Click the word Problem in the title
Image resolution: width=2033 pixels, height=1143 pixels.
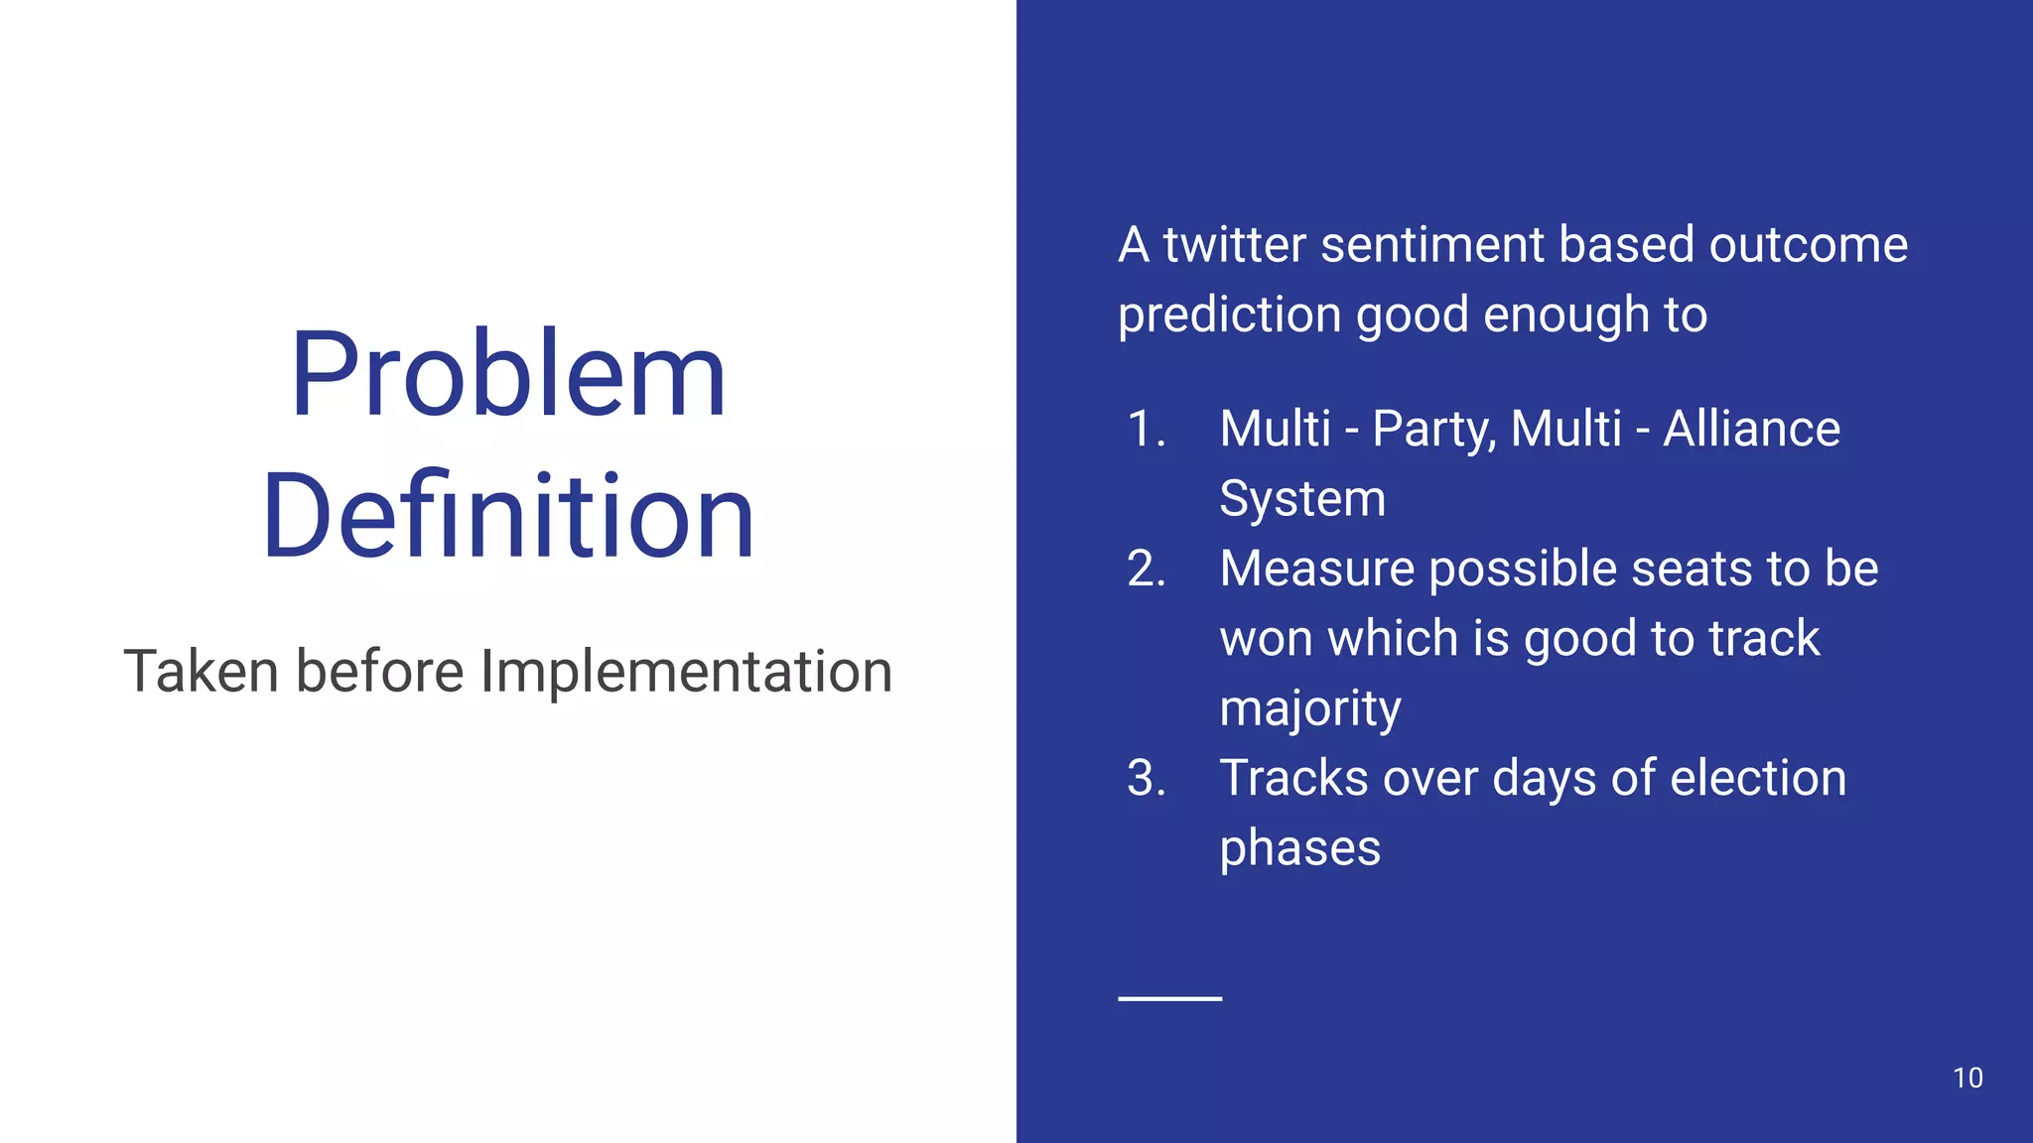coord(508,377)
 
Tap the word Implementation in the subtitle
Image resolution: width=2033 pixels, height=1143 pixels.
coord(686,672)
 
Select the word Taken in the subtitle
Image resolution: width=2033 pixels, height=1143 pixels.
coord(202,672)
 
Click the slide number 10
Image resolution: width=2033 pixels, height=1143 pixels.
coord(1966,1079)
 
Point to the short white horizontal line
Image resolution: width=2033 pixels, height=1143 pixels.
coord(1169,998)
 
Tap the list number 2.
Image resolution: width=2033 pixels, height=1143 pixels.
coord(1146,570)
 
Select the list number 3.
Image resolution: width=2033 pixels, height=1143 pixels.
coord(1146,779)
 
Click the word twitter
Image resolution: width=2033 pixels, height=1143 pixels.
coord(1233,245)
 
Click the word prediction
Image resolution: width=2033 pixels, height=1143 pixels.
coord(1229,317)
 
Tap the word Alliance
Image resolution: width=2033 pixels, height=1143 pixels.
coord(1751,430)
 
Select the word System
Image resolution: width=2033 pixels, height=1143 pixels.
coord(1301,499)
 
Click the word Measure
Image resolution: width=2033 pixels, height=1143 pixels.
coord(1316,570)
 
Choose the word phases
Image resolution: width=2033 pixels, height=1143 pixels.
coord(1299,849)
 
